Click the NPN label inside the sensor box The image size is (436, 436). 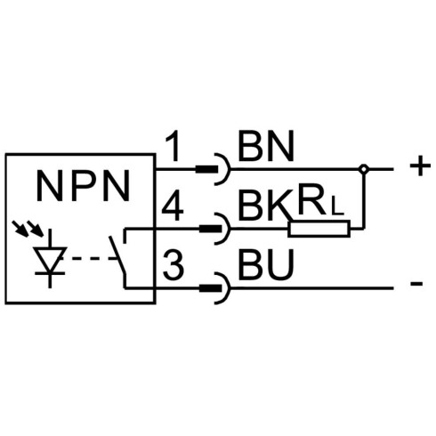(83, 186)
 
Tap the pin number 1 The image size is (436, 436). (173, 147)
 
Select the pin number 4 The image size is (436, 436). (173, 206)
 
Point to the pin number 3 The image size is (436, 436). (174, 265)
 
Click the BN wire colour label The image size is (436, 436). (265, 146)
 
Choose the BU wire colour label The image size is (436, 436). (266, 265)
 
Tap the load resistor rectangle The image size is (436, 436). (319, 229)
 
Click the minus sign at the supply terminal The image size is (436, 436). (416, 284)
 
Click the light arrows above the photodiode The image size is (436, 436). (28, 229)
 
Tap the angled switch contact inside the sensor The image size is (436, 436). (117, 254)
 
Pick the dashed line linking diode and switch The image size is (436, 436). (92, 259)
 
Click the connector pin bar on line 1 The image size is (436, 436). (206, 169)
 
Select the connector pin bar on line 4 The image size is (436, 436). (211, 229)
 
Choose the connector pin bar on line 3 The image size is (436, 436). (211, 287)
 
